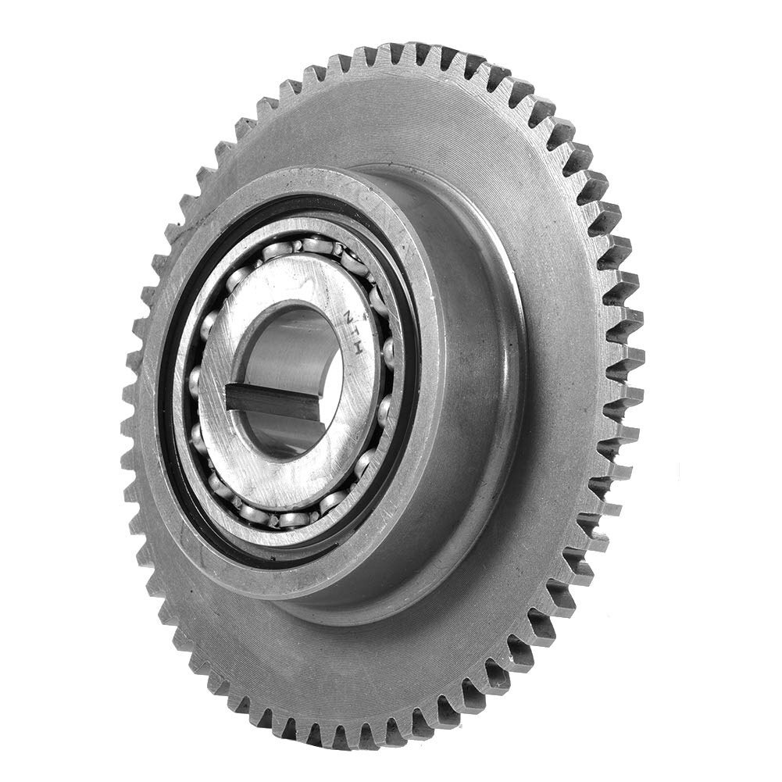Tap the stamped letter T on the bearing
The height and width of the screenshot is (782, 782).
click(x=351, y=332)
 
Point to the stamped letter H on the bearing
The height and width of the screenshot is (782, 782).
click(x=355, y=349)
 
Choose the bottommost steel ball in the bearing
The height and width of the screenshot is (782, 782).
click(x=289, y=519)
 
